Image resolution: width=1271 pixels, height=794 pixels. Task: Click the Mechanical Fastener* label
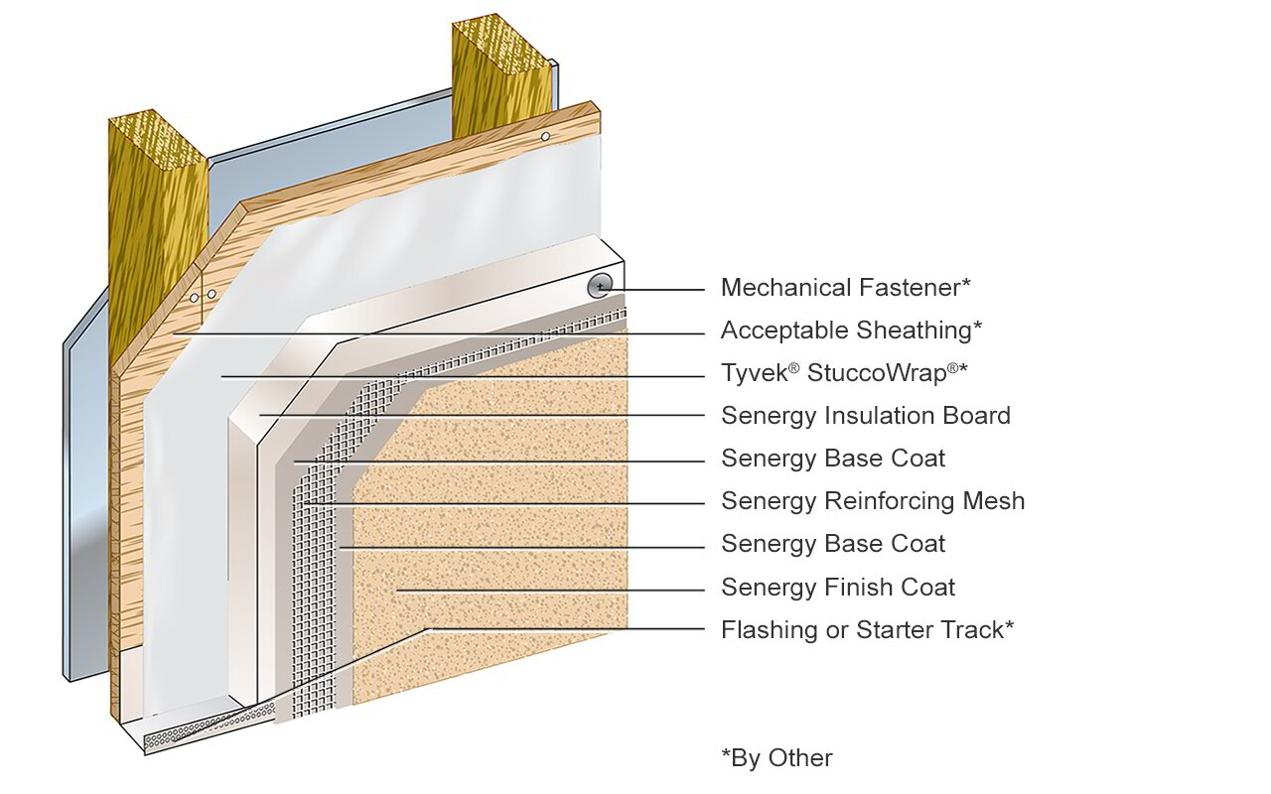coord(845,288)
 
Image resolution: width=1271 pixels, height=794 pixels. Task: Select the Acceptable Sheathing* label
coord(851,331)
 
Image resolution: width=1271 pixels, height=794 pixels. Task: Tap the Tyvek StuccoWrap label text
coord(844,373)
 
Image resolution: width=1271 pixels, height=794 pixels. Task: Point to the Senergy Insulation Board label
coord(865,416)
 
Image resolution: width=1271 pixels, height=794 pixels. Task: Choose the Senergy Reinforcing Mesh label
coord(872,501)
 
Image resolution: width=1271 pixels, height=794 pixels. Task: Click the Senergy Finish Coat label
coord(837,587)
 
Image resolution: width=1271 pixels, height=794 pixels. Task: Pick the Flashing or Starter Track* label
coord(867,629)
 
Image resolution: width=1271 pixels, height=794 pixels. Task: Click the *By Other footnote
coord(777,758)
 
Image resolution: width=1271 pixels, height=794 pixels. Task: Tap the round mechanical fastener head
coord(600,287)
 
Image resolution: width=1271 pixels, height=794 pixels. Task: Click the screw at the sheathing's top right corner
coord(545,136)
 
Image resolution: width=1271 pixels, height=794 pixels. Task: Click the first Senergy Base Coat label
coord(832,459)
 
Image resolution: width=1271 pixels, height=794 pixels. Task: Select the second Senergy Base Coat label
coord(832,544)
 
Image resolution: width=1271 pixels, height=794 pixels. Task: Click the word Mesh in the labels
coord(992,501)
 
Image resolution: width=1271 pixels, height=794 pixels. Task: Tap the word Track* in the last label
coord(977,629)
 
